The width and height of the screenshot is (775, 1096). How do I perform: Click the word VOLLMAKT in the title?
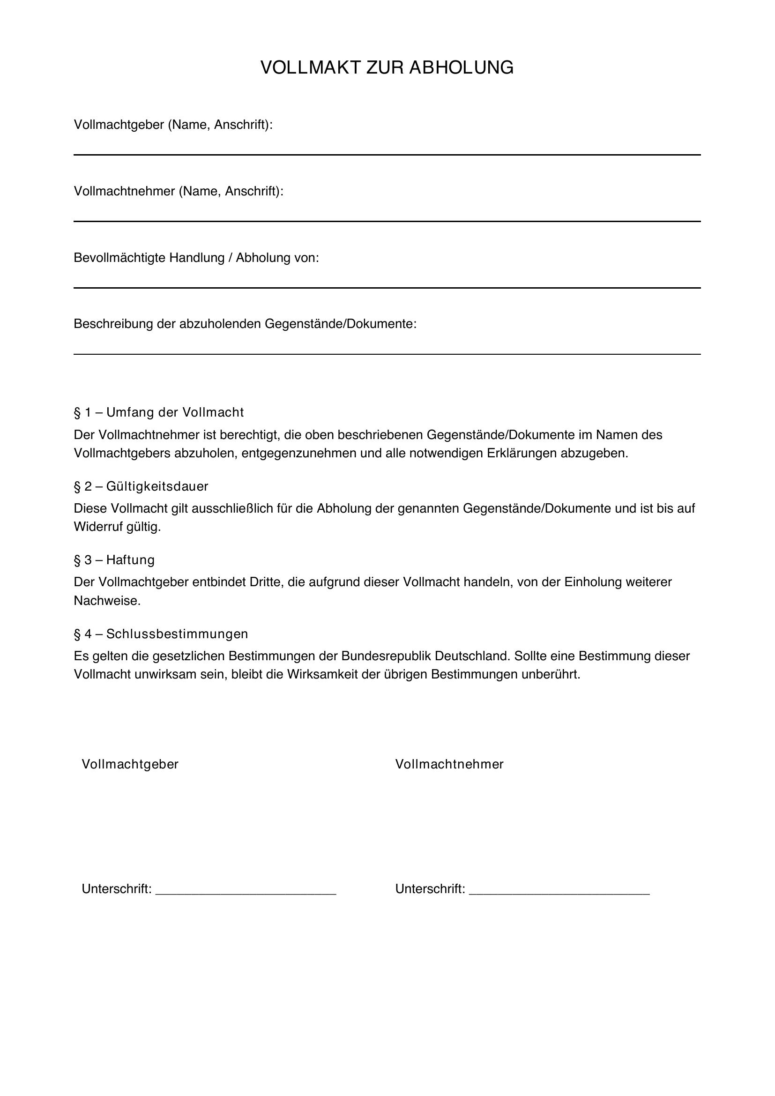pyautogui.click(x=310, y=68)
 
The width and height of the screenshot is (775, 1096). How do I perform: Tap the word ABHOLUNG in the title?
pyautogui.click(x=461, y=68)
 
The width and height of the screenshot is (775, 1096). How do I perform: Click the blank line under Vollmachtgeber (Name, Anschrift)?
pyautogui.click(x=387, y=155)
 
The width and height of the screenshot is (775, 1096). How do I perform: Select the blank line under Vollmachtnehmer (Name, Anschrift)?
pyautogui.click(x=387, y=221)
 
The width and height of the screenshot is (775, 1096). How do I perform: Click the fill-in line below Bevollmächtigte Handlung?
pyautogui.click(x=387, y=288)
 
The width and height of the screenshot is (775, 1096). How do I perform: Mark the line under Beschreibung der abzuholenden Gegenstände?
pyautogui.click(x=387, y=354)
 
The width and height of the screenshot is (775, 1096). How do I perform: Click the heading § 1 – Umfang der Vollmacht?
pyautogui.click(x=158, y=412)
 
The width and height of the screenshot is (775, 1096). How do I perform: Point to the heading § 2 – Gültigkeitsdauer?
pyautogui.click(x=141, y=486)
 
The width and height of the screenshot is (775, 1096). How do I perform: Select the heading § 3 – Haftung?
pyautogui.click(x=114, y=560)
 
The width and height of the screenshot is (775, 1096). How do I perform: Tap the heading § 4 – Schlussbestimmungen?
pyautogui.click(x=161, y=634)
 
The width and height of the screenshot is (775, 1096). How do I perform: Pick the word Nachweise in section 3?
pyautogui.click(x=106, y=601)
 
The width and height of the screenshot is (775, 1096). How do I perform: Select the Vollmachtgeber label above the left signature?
pyautogui.click(x=130, y=764)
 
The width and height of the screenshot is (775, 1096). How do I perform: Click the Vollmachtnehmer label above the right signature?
pyautogui.click(x=449, y=764)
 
